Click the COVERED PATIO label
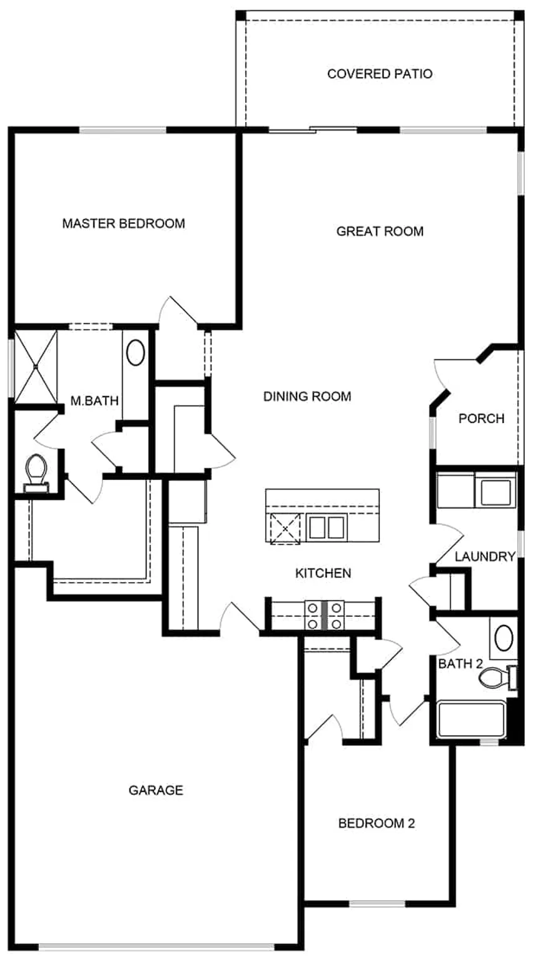point(379,74)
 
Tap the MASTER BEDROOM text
point(123,223)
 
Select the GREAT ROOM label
point(380,231)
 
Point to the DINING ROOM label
point(307,396)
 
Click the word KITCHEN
point(323,573)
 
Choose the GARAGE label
point(156,790)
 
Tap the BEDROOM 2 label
point(376,823)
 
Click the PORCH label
point(481,419)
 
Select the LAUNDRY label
point(485,556)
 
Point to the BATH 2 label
point(460,664)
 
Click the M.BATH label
point(94,401)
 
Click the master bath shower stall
point(36,366)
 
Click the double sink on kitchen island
point(326,527)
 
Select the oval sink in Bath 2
point(504,638)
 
